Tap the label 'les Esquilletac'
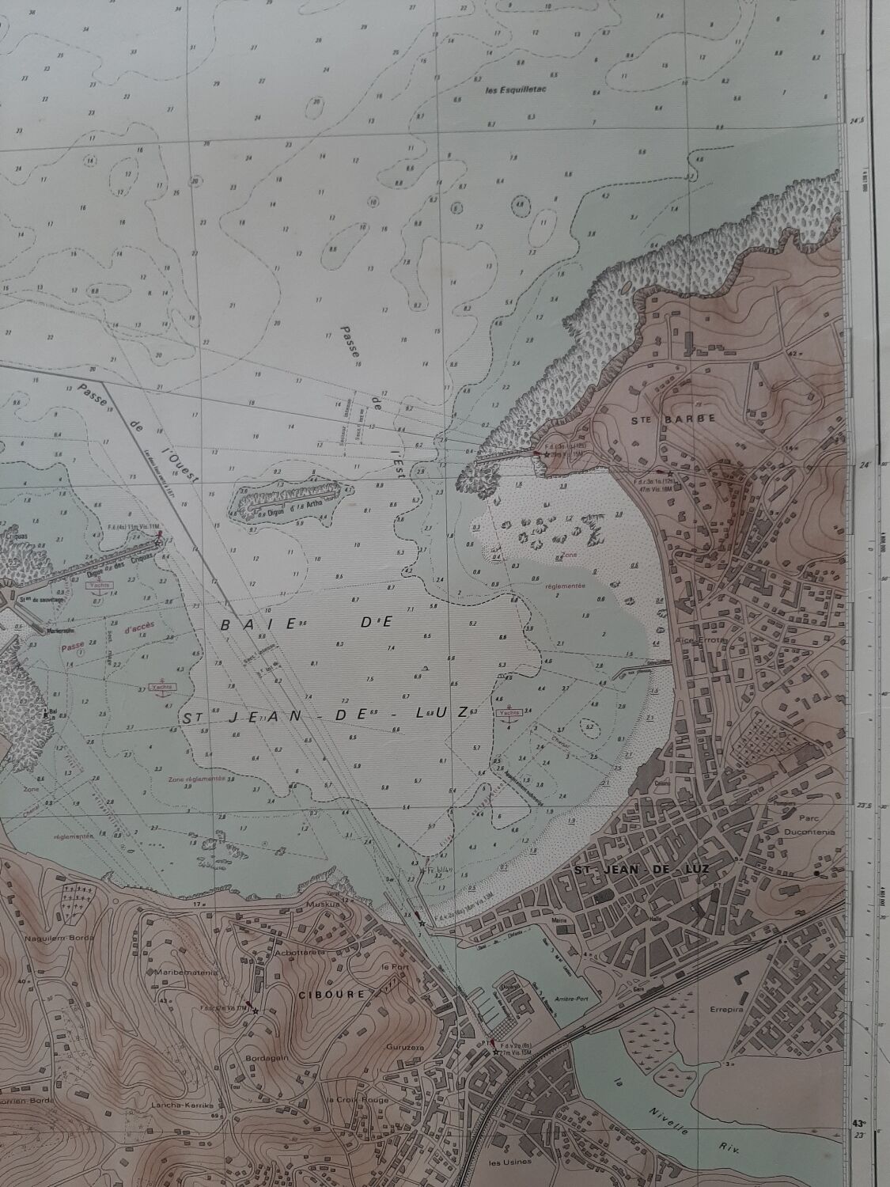click(x=519, y=89)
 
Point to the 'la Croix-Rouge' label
click(x=353, y=1100)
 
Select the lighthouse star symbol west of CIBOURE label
click(x=255, y=1011)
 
